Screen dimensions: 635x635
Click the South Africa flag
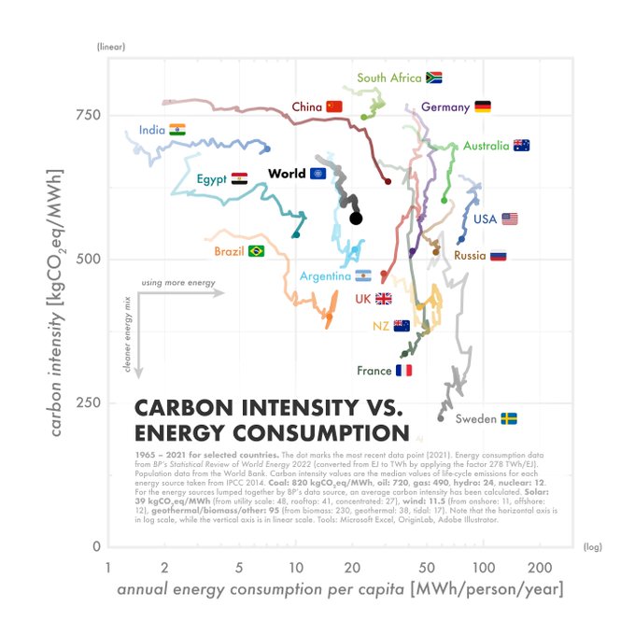point(433,78)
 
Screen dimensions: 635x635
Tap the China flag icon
point(334,107)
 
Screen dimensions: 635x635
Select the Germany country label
point(445,107)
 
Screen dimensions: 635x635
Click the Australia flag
point(521,146)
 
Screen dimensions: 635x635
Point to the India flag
point(177,130)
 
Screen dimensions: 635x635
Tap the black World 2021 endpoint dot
point(356,219)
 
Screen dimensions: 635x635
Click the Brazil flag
point(256,251)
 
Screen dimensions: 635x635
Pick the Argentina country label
point(325,276)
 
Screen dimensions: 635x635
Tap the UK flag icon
point(383,299)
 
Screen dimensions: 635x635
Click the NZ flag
point(402,326)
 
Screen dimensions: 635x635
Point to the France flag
point(403,371)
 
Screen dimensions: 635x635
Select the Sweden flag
point(509,419)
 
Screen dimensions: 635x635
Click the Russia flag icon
point(498,255)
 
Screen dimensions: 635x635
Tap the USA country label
point(485,219)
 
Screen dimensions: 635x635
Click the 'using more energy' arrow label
point(178,282)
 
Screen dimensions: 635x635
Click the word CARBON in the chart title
point(186,409)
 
